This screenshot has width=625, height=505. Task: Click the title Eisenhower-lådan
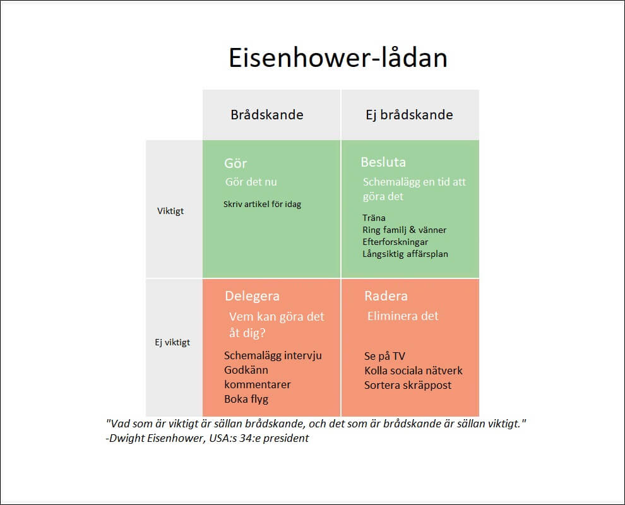point(337,58)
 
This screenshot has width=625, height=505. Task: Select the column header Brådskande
point(266,115)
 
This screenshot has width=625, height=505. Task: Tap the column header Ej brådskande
point(409,115)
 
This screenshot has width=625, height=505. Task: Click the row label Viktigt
point(170,211)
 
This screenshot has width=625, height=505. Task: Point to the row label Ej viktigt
point(172,342)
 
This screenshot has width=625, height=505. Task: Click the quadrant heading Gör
point(235,163)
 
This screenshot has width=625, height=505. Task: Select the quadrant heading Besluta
point(383,162)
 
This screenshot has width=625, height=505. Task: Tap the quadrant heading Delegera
point(252,296)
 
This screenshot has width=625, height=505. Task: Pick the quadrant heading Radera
point(386,296)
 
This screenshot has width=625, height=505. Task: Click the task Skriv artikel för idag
point(262,204)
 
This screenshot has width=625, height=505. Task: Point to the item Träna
point(374,218)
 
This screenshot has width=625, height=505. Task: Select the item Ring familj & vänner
point(404,230)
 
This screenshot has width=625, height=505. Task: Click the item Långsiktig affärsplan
point(405,254)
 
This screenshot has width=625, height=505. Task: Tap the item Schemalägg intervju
point(273,355)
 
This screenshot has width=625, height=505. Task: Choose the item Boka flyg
point(246,399)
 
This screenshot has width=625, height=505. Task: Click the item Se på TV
point(384,356)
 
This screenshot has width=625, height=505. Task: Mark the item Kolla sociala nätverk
point(414,371)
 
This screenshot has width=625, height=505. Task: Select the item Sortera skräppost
point(408,385)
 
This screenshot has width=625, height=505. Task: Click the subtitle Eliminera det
point(403,316)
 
